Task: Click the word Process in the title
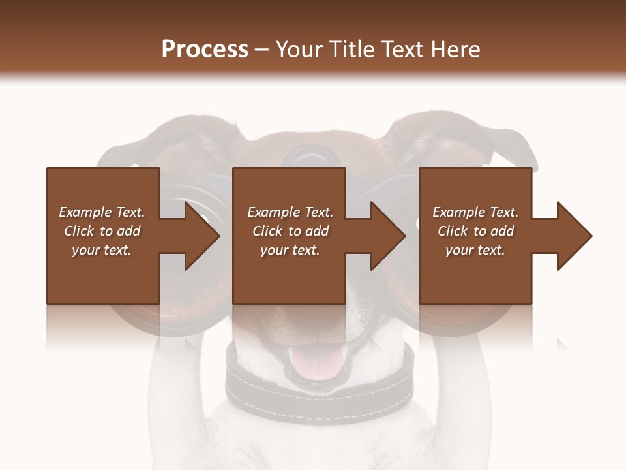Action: click(205, 50)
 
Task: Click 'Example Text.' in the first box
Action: click(102, 212)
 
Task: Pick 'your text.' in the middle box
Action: click(290, 250)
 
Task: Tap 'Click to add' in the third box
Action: click(475, 231)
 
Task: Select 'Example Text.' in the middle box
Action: click(290, 212)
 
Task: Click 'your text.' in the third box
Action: click(475, 250)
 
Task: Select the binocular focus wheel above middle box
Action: click(311, 157)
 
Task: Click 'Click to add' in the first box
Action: click(102, 231)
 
